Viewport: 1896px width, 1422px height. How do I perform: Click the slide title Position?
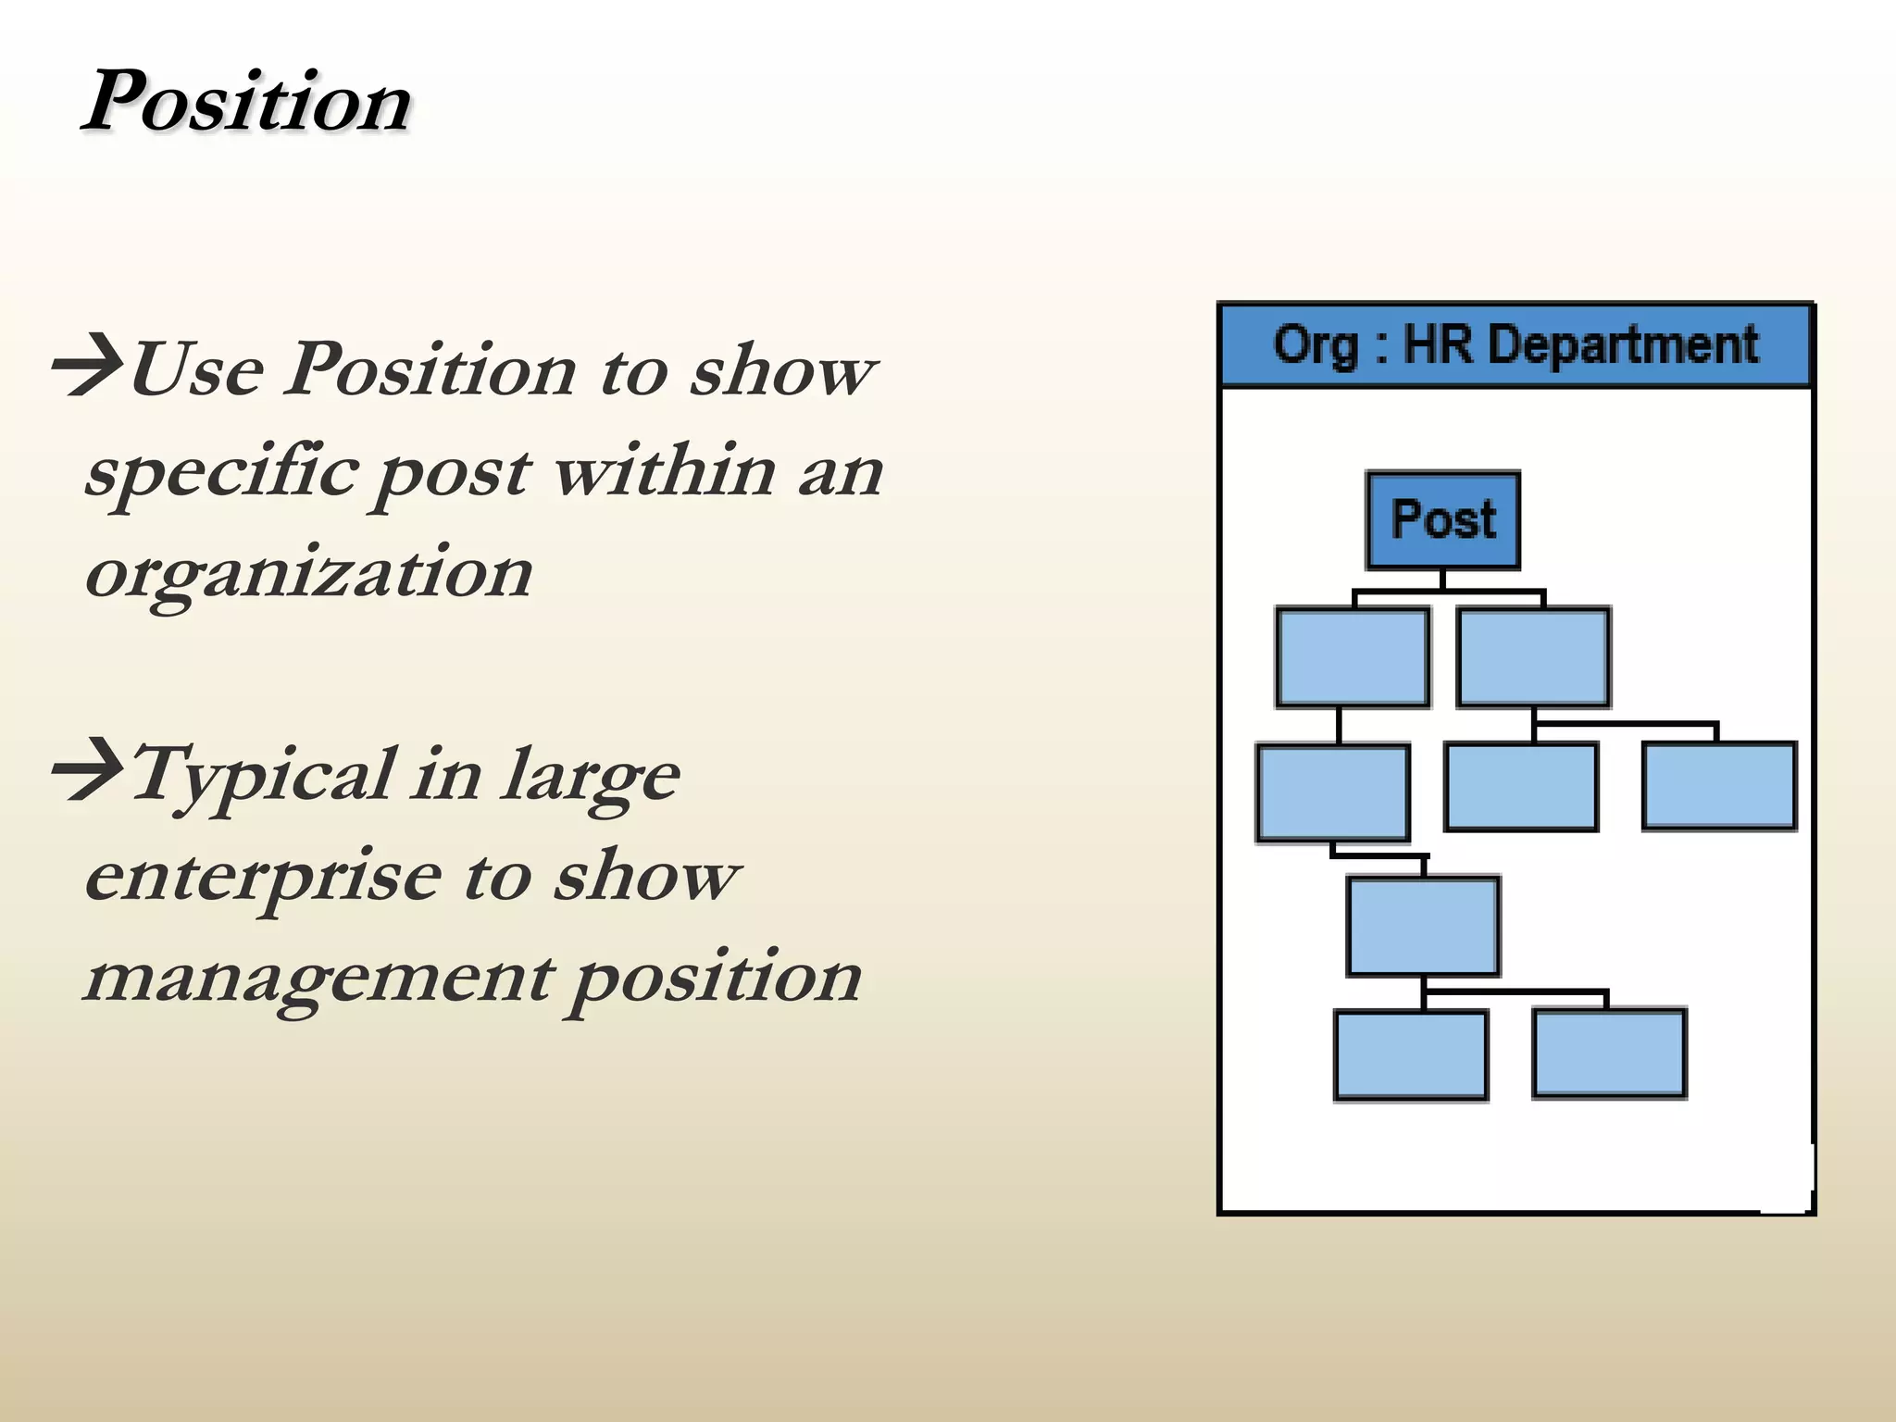point(247,102)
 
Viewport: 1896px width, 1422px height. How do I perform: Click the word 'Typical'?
point(263,776)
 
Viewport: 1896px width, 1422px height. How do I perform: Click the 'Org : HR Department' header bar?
point(1515,344)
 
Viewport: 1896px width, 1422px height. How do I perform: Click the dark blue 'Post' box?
point(1442,520)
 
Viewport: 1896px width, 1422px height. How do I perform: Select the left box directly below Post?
point(1352,658)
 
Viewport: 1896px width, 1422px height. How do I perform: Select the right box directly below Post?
point(1532,658)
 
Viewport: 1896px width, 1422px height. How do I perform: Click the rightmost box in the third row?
point(1719,786)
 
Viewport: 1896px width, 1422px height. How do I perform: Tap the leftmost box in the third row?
point(1333,793)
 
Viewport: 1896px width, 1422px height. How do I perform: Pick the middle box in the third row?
point(1521,787)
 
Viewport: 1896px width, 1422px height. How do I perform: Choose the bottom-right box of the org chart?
point(1609,1054)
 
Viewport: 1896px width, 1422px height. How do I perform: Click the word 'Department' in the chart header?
point(1623,344)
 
